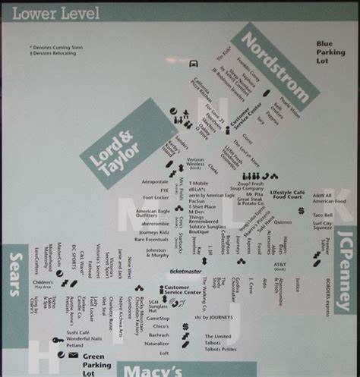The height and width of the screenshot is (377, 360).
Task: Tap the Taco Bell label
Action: pyautogui.click(x=324, y=215)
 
